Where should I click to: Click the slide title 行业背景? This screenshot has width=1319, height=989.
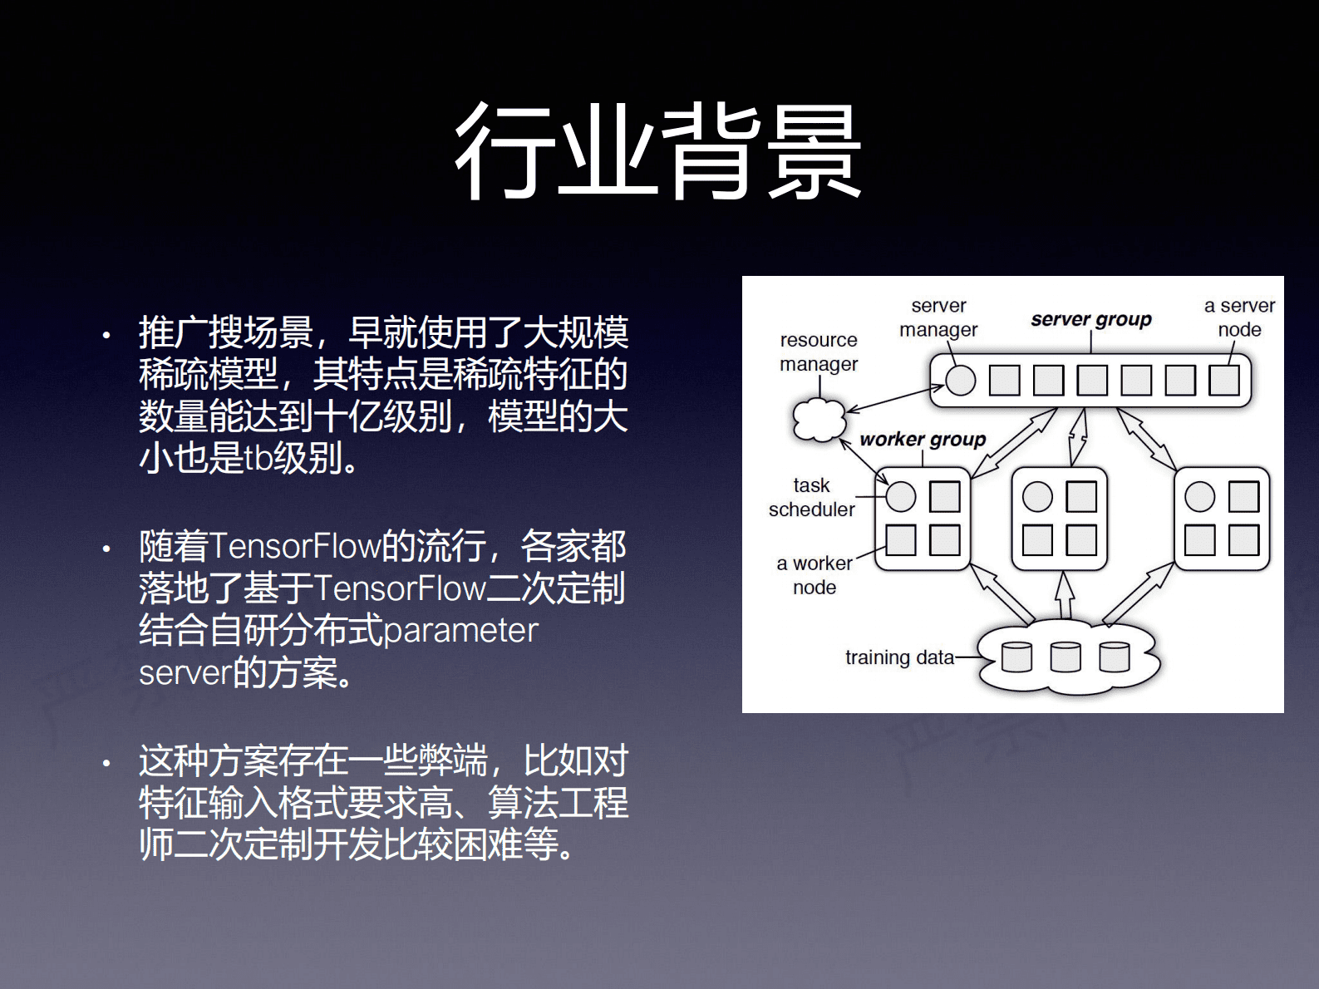(x=658, y=151)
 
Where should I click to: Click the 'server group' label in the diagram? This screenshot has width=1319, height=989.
(x=1090, y=319)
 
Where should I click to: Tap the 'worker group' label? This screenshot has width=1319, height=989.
(x=923, y=439)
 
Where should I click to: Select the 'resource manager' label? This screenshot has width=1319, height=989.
(x=818, y=352)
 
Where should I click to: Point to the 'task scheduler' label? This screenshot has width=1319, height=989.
(x=811, y=497)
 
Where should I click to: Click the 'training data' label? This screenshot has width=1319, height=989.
(x=899, y=657)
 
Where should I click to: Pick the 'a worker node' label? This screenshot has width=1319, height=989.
(x=815, y=575)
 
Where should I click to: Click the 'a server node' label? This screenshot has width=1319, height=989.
(x=1239, y=317)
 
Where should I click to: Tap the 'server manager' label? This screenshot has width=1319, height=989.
(x=938, y=317)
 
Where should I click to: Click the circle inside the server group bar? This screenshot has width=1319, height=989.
(x=961, y=381)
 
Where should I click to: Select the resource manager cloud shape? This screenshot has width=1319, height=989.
(x=819, y=419)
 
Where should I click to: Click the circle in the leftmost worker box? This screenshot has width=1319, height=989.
(x=901, y=497)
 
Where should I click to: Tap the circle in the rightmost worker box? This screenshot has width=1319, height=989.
(x=1199, y=497)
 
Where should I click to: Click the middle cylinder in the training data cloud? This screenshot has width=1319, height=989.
(x=1066, y=657)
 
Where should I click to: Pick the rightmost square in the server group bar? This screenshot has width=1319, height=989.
(x=1224, y=381)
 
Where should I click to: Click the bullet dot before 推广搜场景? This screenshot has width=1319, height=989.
(x=106, y=336)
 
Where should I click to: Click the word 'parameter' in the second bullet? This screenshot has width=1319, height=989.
(x=460, y=630)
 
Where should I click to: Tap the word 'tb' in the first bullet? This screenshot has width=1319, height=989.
(x=258, y=458)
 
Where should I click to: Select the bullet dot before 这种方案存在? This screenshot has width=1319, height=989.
(x=106, y=763)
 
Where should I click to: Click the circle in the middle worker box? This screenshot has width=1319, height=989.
(x=1037, y=497)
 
